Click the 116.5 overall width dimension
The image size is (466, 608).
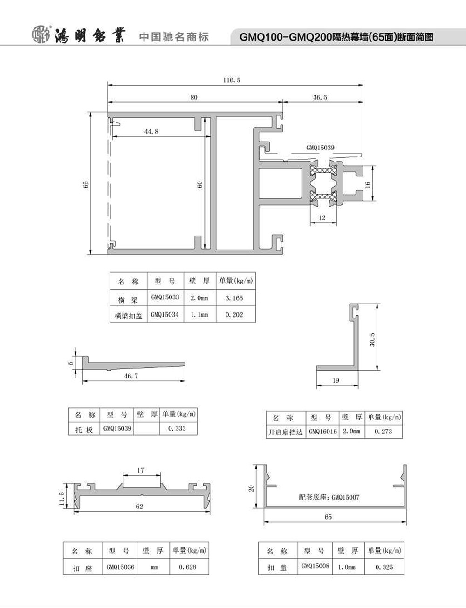[x=232, y=80]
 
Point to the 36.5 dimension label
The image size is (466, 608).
[x=320, y=97]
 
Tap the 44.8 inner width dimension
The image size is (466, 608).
[x=151, y=131]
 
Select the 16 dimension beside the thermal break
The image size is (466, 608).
[x=368, y=184]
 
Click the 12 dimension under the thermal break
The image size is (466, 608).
[x=322, y=217]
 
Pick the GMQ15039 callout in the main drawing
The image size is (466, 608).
[x=320, y=148]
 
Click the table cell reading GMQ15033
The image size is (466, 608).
[x=165, y=297]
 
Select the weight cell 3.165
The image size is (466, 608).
[x=234, y=298]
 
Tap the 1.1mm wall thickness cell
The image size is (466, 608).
[x=199, y=315]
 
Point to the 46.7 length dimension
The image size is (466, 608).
[x=131, y=376]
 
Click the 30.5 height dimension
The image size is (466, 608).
[x=372, y=340]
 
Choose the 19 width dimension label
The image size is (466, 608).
[x=336, y=380]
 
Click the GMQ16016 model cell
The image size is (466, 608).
[x=322, y=432]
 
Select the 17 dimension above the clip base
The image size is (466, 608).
[x=140, y=470]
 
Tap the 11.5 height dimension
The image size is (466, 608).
[x=62, y=499]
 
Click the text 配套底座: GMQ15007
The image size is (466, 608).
[x=329, y=497]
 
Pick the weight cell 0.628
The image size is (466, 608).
[x=188, y=567]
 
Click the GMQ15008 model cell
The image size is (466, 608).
[x=315, y=566]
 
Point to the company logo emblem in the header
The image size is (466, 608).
[x=41, y=35]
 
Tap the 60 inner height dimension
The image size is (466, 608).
[x=199, y=184]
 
